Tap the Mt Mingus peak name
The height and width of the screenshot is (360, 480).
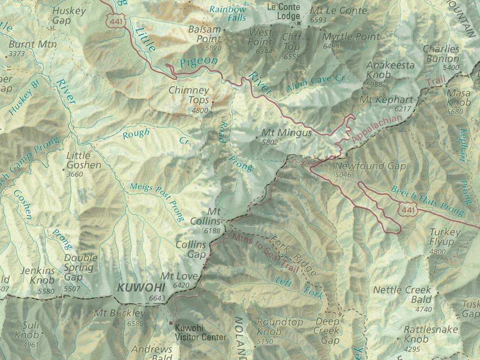coord(286,133)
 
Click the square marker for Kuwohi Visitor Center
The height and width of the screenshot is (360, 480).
coord(172,323)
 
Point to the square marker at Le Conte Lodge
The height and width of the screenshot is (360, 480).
coord(297,23)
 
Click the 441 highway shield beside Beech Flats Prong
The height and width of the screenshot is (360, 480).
coord(407,210)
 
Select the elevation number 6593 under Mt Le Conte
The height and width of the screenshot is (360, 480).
coord(318,20)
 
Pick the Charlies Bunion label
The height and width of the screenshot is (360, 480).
coord(441,53)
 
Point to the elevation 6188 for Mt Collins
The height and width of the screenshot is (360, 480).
coord(212,231)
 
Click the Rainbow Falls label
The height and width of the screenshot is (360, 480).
coord(228,13)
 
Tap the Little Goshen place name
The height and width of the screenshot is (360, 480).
coord(83,160)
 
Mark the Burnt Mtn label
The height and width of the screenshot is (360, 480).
coord(33,45)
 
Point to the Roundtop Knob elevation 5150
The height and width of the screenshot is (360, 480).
coord(266,341)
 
